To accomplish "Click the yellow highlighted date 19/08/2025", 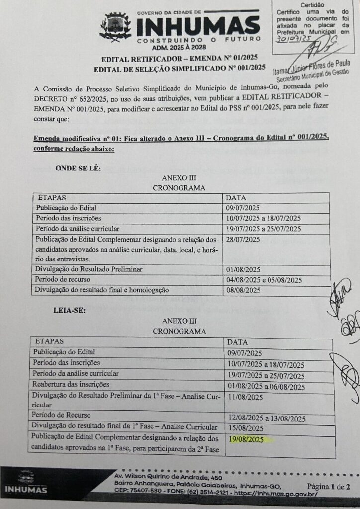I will point(247,439).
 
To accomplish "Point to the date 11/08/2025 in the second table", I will point(245,397).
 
